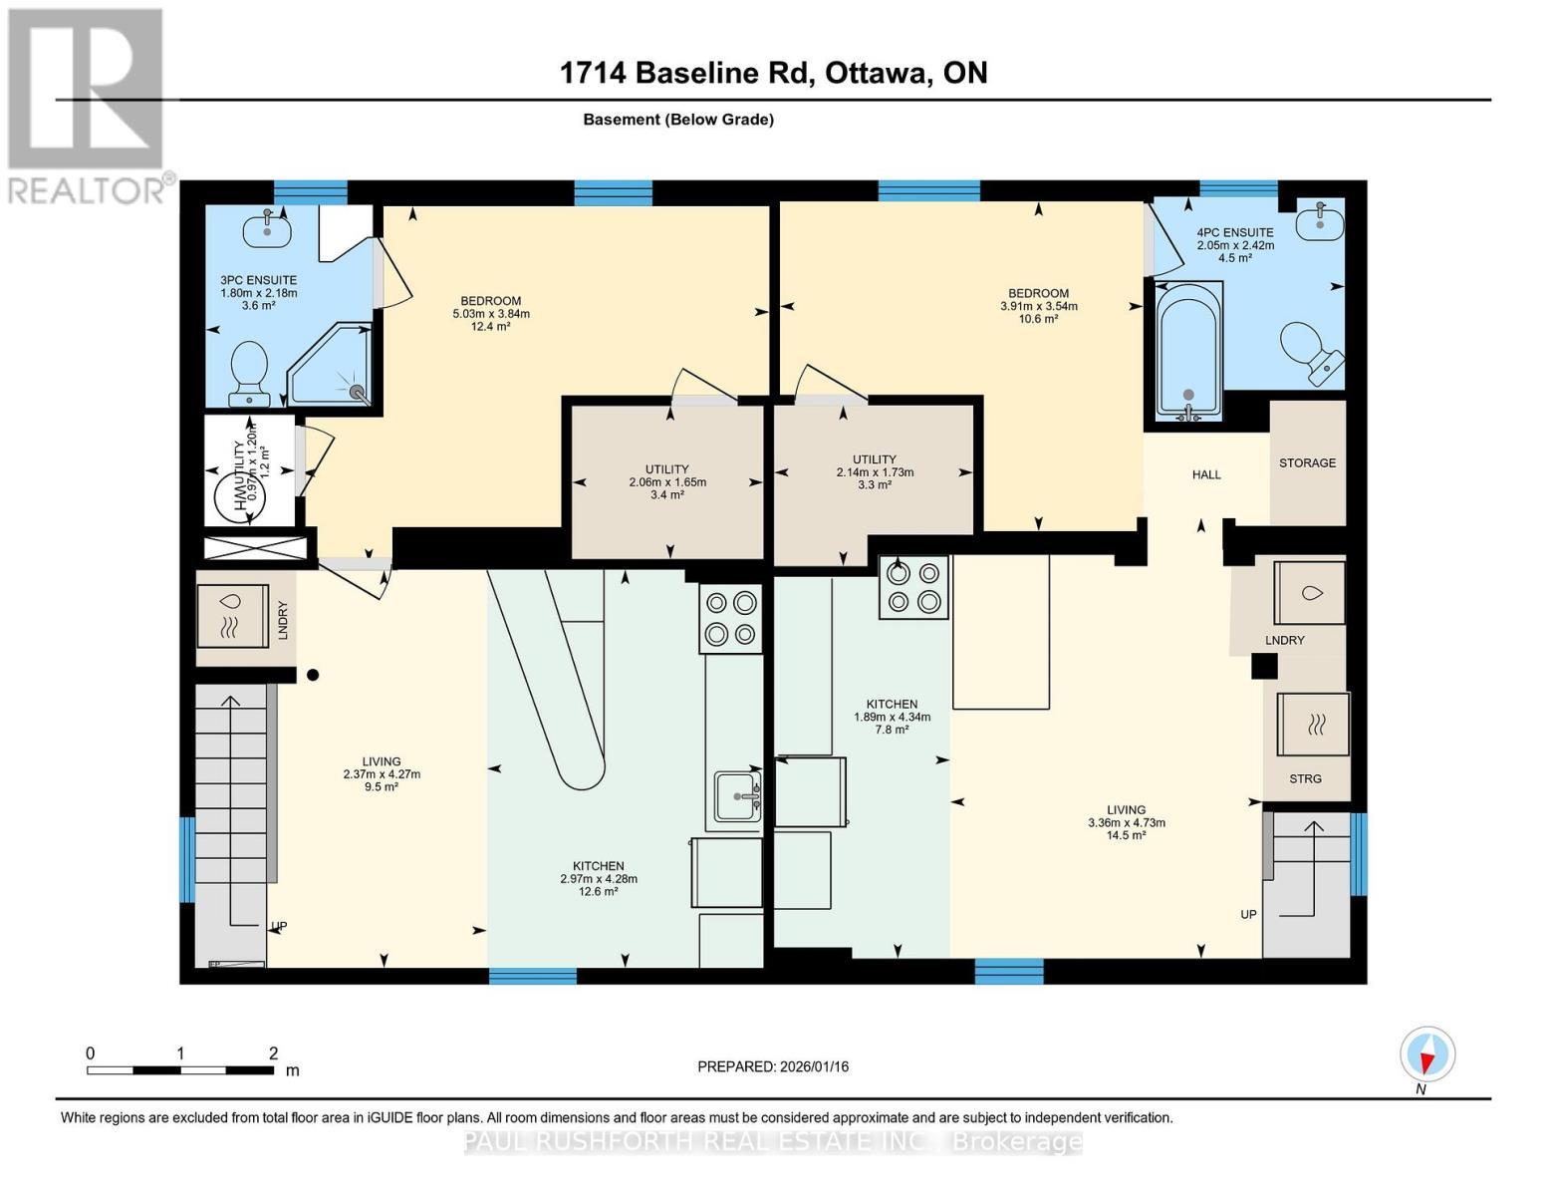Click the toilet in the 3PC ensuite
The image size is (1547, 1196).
click(x=248, y=372)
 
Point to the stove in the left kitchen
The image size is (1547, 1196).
click(x=730, y=618)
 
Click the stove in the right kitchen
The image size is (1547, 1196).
click(x=913, y=587)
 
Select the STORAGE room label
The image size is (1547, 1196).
click(x=1307, y=463)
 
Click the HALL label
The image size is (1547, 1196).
click(x=1206, y=475)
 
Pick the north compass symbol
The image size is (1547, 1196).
click(x=1427, y=1055)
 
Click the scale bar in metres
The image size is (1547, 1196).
click(x=180, y=1070)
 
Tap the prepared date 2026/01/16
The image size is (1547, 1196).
click(x=773, y=1066)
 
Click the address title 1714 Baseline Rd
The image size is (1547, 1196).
click(x=773, y=73)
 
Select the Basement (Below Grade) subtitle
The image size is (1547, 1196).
click(x=678, y=120)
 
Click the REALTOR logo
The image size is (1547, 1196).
click(x=87, y=106)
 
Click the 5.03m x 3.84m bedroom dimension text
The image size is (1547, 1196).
click(x=491, y=314)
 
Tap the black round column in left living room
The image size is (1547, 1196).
click(x=313, y=675)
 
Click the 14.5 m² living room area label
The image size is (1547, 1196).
click(x=1126, y=835)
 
